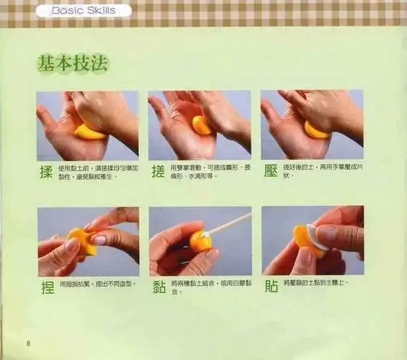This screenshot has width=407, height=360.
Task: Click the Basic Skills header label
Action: (x=91, y=12)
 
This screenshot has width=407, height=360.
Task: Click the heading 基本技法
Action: (x=72, y=63)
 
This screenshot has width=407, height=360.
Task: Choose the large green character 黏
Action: (x=158, y=287)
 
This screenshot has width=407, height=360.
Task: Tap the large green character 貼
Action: (x=271, y=287)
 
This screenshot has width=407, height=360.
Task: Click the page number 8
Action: (x=28, y=342)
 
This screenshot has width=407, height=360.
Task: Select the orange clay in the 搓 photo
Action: (x=202, y=126)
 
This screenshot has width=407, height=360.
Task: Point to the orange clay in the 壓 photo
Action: (x=316, y=130)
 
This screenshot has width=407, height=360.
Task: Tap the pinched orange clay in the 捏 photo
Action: (x=81, y=242)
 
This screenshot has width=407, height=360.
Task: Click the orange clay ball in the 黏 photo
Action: (x=200, y=240)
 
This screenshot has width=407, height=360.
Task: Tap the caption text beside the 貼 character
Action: (x=316, y=283)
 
